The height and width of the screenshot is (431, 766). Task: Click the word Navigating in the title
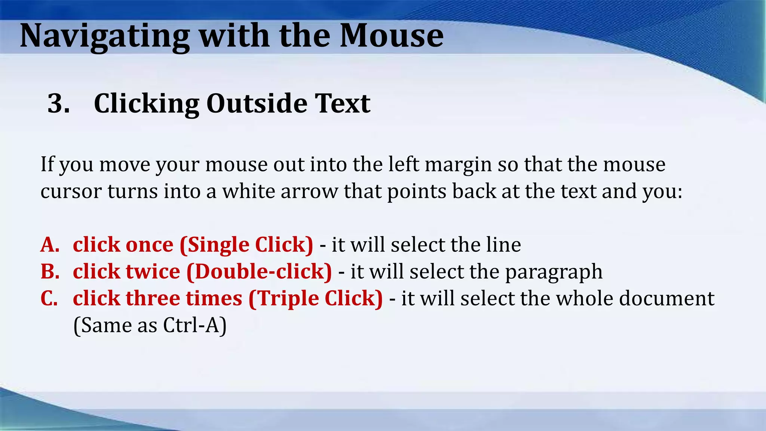(x=105, y=37)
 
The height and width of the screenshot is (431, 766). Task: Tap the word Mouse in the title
(x=392, y=36)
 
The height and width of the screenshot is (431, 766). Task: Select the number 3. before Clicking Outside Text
(x=59, y=103)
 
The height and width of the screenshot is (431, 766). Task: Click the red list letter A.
(x=50, y=245)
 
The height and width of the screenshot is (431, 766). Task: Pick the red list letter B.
(x=50, y=272)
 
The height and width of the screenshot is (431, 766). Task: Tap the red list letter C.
(x=49, y=299)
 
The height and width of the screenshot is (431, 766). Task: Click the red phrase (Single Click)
(x=246, y=245)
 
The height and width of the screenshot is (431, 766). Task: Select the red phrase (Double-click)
(x=259, y=272)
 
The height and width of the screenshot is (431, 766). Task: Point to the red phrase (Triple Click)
(x=315, y=299)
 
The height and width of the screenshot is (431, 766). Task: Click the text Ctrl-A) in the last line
(x=195, y=325)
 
